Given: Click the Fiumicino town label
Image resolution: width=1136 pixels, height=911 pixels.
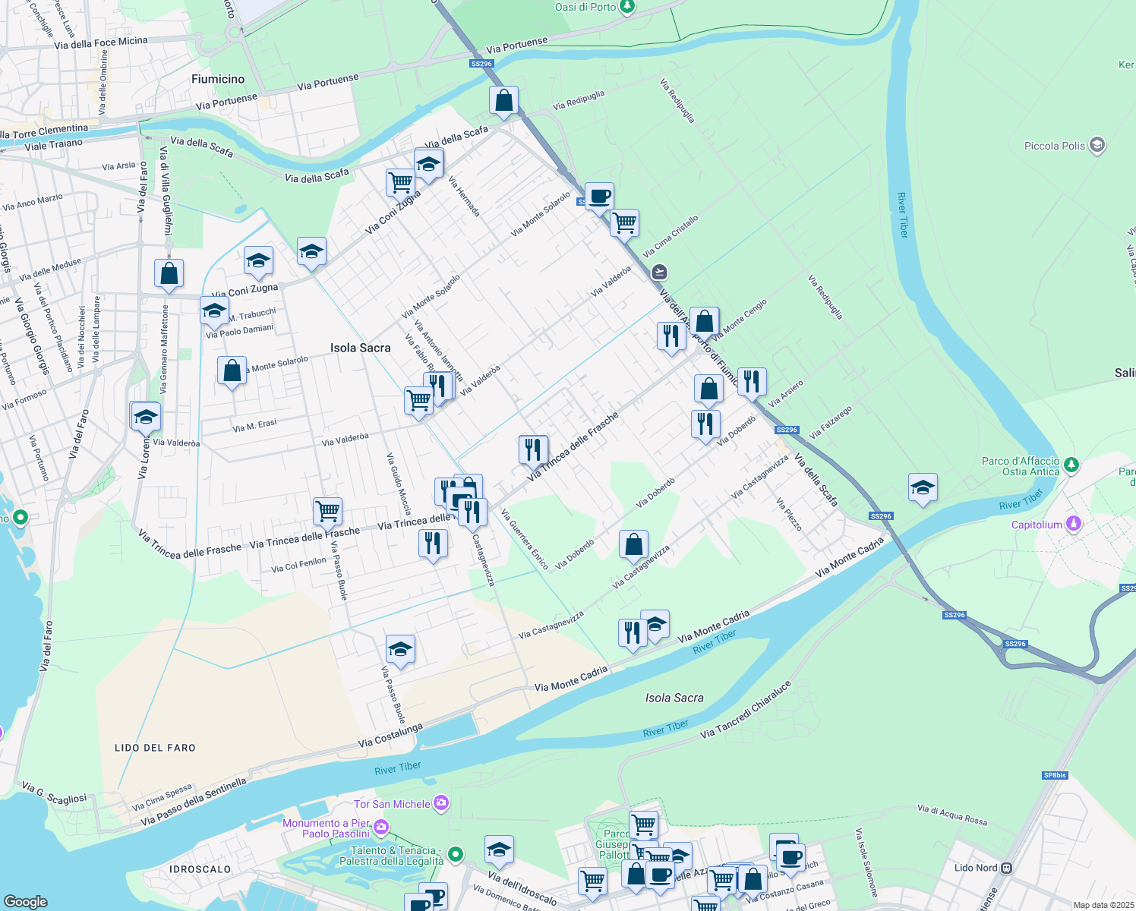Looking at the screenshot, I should tap(218, 79).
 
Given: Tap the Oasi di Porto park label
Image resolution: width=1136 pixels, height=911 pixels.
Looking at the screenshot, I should tap(585, 7).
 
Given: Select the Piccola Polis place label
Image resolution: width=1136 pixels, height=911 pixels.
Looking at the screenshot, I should tap(1055, 146).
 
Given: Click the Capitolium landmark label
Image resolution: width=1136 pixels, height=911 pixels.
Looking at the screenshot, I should tap(1037, 525).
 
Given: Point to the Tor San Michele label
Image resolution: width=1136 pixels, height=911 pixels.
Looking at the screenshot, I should tap(392, 804).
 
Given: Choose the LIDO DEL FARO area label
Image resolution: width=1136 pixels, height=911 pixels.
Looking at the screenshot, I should tap(155, 748).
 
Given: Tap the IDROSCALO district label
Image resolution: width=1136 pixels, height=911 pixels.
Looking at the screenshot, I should tap(200, 869).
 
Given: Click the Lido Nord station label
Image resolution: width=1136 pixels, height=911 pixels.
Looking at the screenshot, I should tap(976, 868).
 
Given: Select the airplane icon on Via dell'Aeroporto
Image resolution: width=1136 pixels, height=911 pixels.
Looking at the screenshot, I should tap(659, 272).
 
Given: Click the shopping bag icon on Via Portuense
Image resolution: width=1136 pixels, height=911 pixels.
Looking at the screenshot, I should tap(503, 100).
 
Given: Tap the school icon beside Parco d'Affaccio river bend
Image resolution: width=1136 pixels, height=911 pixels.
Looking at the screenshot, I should tap(923, 488).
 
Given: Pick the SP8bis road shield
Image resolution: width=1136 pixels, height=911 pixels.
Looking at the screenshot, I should tap(1055, 775).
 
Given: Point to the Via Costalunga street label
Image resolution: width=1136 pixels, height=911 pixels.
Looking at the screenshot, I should tap(390, 735).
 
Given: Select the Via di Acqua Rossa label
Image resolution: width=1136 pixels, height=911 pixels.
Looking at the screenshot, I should tap(952, 814).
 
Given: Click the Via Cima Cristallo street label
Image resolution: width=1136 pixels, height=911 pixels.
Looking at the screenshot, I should tap(670, 236).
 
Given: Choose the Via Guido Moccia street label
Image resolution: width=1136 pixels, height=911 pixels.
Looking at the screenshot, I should tap(399, 484).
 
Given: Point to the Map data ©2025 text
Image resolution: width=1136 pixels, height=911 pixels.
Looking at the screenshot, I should tap(1103, 905).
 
